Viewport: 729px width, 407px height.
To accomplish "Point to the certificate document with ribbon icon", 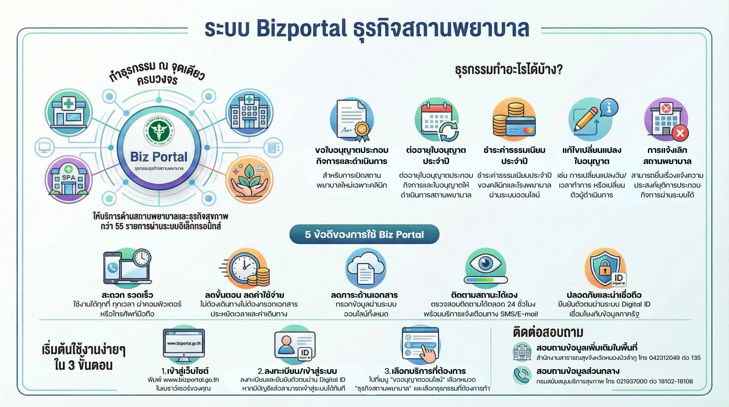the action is tap(352, 120).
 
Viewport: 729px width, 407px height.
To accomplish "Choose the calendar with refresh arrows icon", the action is tap(436, 120).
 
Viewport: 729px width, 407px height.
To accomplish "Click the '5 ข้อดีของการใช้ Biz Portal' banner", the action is tap(364, 234).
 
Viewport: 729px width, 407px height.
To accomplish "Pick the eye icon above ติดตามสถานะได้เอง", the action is tap(486, 267).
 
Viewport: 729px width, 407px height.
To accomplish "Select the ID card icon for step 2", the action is tap(294, 346).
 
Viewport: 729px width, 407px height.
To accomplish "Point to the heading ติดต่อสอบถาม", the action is tap(548, 332).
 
